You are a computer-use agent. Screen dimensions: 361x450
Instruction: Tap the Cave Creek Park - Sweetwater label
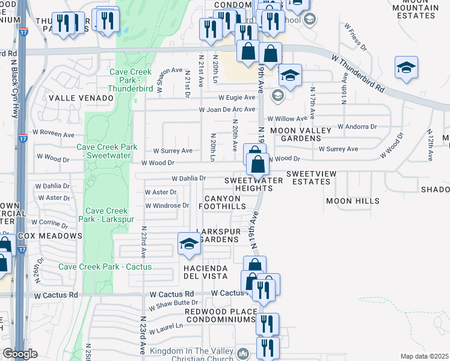tap(107, 151)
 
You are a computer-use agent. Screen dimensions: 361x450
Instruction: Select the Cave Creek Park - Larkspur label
tap(106, 215)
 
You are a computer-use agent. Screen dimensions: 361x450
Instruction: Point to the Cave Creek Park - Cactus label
tap(105, 267)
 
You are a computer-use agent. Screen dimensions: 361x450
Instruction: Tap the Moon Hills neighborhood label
tap(350, 200)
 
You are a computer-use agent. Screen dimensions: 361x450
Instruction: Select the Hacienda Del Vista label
tap(205, 272)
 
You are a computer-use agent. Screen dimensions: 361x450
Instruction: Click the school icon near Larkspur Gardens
tap(189, 244)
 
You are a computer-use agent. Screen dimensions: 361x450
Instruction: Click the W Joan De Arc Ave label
tap(227, 110)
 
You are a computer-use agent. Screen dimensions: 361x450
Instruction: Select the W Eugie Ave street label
tap(236, 97)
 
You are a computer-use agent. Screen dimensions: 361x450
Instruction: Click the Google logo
tap(20, 354)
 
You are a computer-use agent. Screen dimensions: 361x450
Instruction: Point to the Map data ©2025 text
tap(424, 356)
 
